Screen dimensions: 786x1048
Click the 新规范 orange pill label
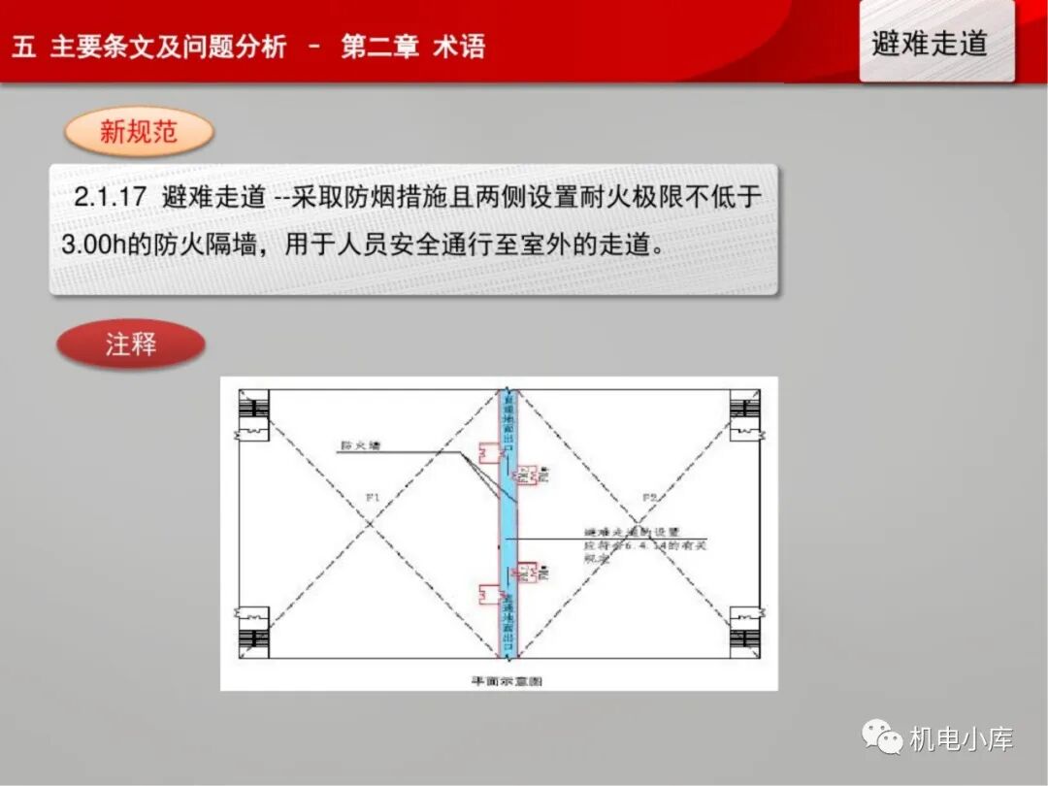coord(139,132)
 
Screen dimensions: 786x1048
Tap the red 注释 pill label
coord(131,344)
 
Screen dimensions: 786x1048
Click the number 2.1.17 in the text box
coord(110,197)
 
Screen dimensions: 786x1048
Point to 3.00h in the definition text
coord(92,244)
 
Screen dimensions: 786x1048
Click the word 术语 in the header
coord(459,47)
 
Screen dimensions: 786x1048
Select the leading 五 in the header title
coord(24,47)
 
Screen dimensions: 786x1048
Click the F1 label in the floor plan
coord(374,498)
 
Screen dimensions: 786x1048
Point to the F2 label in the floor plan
coord(649,498)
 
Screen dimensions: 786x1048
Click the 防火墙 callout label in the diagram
coord(359,446)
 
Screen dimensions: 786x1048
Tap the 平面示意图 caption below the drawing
coord(507,681)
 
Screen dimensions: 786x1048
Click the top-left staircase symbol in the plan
coord(253,414)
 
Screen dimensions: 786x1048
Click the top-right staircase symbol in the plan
coord(744,414)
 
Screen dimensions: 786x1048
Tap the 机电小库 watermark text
coord(961,739)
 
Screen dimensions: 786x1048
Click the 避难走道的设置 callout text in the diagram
coord(633,533)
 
